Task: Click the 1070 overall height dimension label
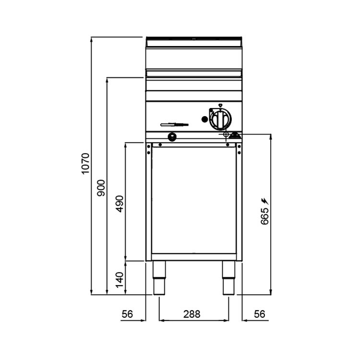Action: pyautogui.click(x=85, y=164)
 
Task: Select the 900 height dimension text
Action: pyautogui.click(x=101, y=188)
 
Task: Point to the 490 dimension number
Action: pyautogui.click(x=120, y=204)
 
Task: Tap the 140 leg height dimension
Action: pyautogui.click(x=120, y=280)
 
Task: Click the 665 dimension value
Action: pyautogui.click(x=264, y=216)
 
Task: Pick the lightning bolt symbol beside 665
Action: pyautogui.click(x=265, y=201)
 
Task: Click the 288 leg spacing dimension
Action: pyautogui.click(x=192, y=314)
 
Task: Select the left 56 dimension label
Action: pyautogui.click(x=127, y=314)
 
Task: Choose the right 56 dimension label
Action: pyautogui.click(x=259, y=314)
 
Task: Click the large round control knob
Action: pyautogui.click(x=221, y=119)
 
